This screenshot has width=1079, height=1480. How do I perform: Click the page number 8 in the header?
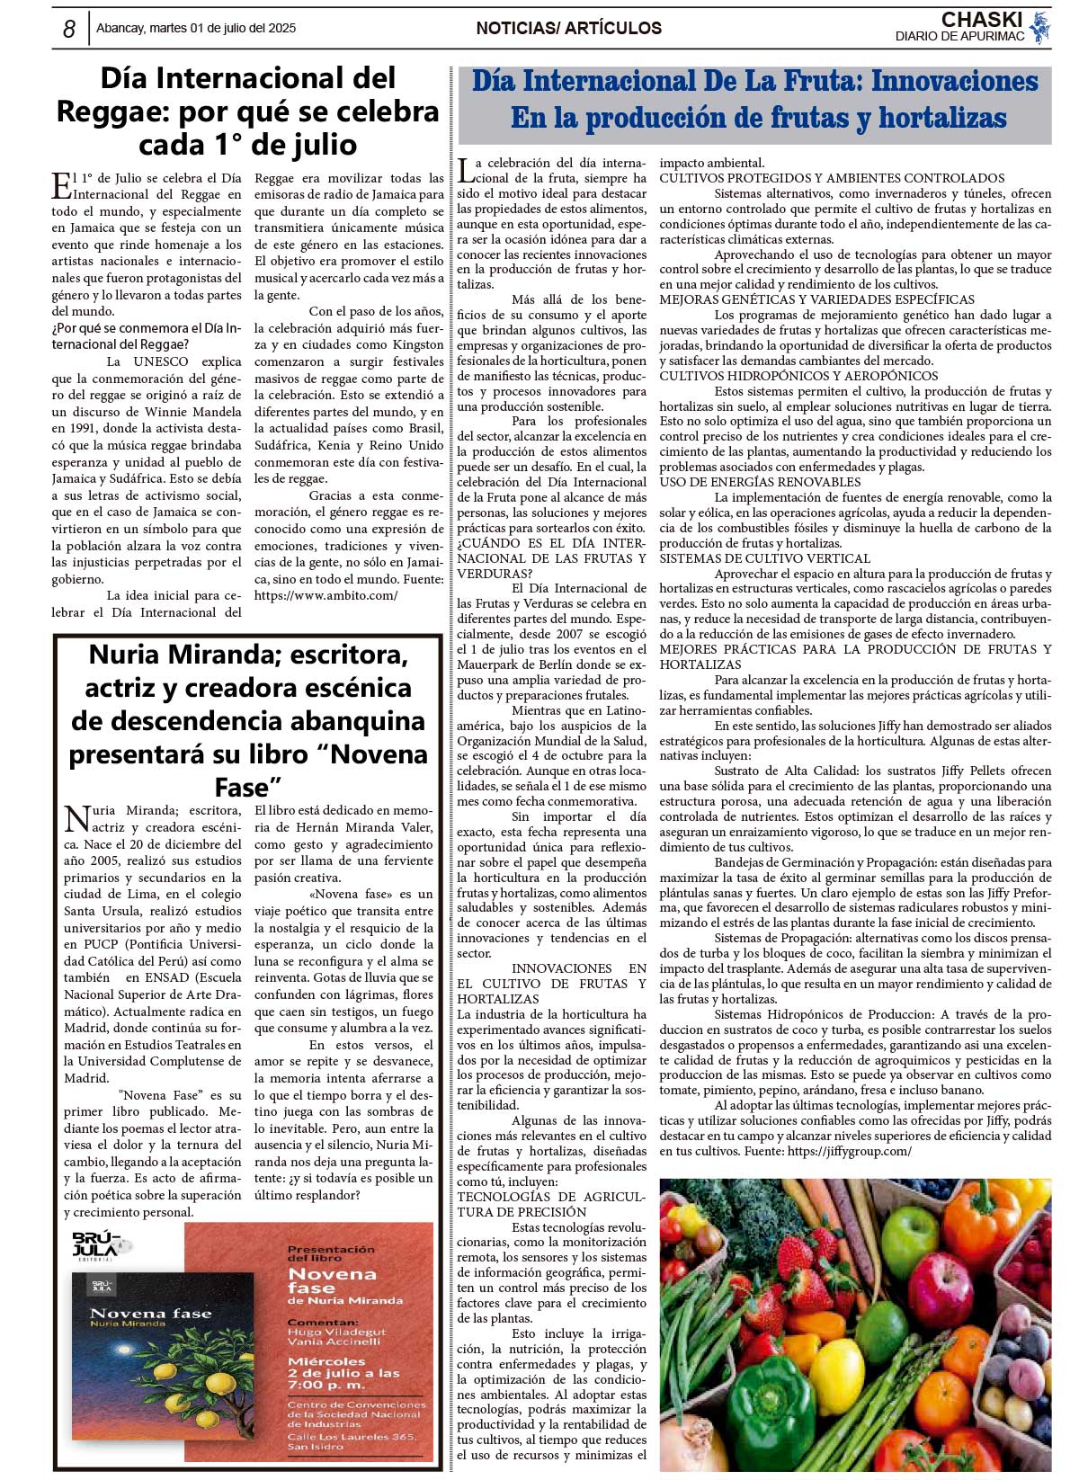click(x=69, y=29)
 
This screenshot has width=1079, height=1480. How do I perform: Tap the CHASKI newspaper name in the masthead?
click(x=981, y=20)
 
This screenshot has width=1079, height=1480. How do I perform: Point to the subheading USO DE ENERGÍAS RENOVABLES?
click(x=760, y=482)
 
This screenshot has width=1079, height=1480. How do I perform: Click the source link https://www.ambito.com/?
click(x=325, y=595)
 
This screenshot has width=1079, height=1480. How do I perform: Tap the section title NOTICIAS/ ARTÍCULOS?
click(x=568, y=29)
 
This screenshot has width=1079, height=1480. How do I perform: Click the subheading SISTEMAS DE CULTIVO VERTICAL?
click(x=764, y=558)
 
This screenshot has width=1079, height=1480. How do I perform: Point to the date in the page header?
click(x=196, y=29)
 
